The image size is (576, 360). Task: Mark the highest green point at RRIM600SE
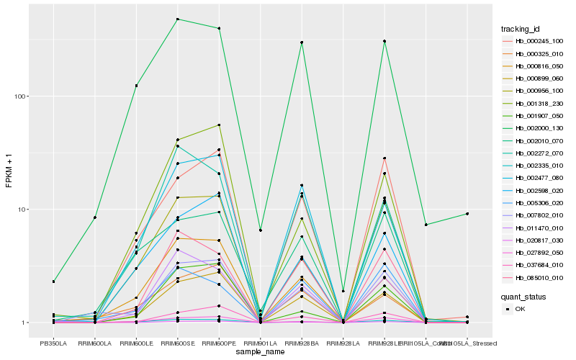(x=177, y=19)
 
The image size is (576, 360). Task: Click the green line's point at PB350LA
(x=53, y=282)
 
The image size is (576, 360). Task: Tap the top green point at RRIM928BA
(x=302, y=42)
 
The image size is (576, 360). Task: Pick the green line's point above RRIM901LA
(x=260, y=230)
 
